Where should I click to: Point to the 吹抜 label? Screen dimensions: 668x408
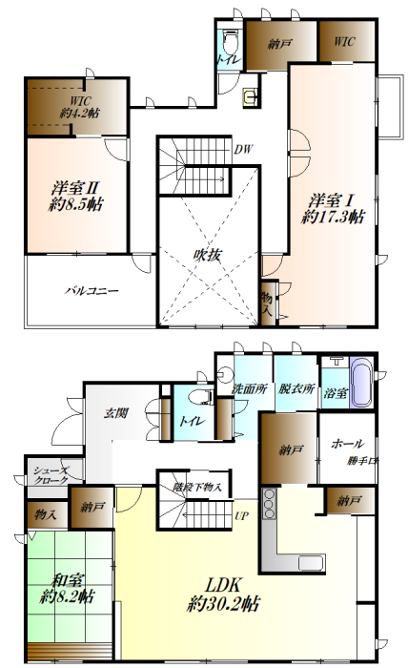point(209,255)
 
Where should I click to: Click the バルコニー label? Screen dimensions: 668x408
point(92,290)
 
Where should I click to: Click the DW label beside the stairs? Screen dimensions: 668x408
point(244,150)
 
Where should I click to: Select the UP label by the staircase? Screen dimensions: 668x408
point(243,519)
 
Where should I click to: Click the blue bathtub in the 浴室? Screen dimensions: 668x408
point(364,383)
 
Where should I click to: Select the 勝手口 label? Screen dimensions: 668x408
point(363,462)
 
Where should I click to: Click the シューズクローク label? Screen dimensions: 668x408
point(50,475)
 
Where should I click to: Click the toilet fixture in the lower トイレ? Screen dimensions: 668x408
point(201,398)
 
